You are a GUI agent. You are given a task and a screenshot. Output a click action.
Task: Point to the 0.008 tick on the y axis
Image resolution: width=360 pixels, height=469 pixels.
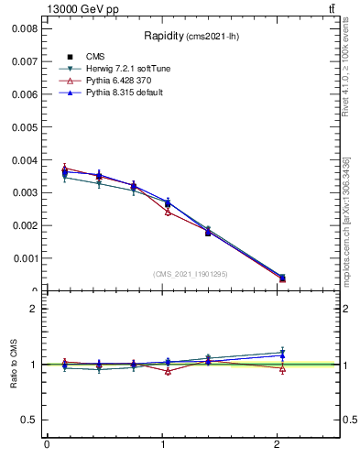23,28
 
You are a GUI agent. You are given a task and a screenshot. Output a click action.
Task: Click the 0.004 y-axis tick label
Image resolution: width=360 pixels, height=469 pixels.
23,159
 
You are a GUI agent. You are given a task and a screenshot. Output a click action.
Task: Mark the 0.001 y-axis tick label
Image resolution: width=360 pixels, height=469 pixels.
23,258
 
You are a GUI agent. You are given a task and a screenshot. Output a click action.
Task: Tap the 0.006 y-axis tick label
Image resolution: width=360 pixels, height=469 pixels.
23,94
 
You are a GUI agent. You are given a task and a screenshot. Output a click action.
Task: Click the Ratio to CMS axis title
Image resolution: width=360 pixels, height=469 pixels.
14,364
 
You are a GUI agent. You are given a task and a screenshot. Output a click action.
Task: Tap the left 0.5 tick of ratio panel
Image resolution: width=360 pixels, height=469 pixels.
28,420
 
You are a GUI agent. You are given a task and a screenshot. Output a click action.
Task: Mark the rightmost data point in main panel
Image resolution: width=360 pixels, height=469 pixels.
282,278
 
